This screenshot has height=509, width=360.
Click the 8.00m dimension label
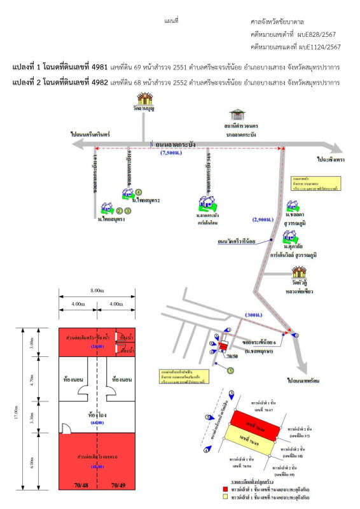[97, 290]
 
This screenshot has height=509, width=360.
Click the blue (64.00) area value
[97, 422]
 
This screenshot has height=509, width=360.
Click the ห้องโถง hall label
[97, 413]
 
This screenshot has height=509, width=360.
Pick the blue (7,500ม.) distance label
[172, 153]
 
